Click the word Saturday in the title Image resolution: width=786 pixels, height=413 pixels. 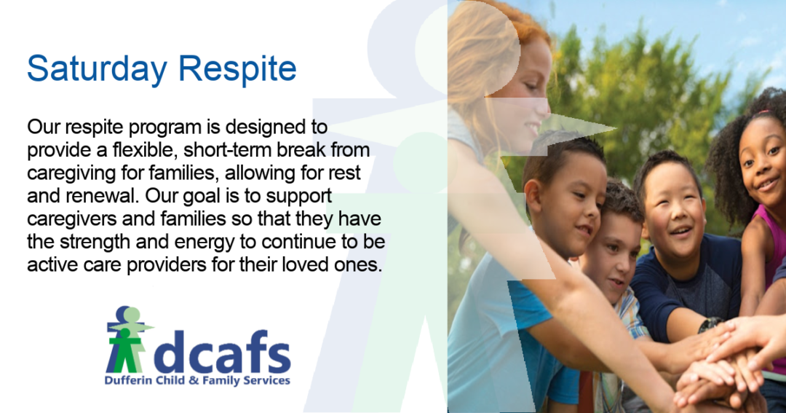(97, 68)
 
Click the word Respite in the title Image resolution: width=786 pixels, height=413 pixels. (237, 68)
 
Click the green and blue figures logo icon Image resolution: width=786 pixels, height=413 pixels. (128, 339)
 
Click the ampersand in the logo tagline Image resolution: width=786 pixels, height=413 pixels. (194, 380)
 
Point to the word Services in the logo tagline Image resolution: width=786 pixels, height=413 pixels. (266, 380)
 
